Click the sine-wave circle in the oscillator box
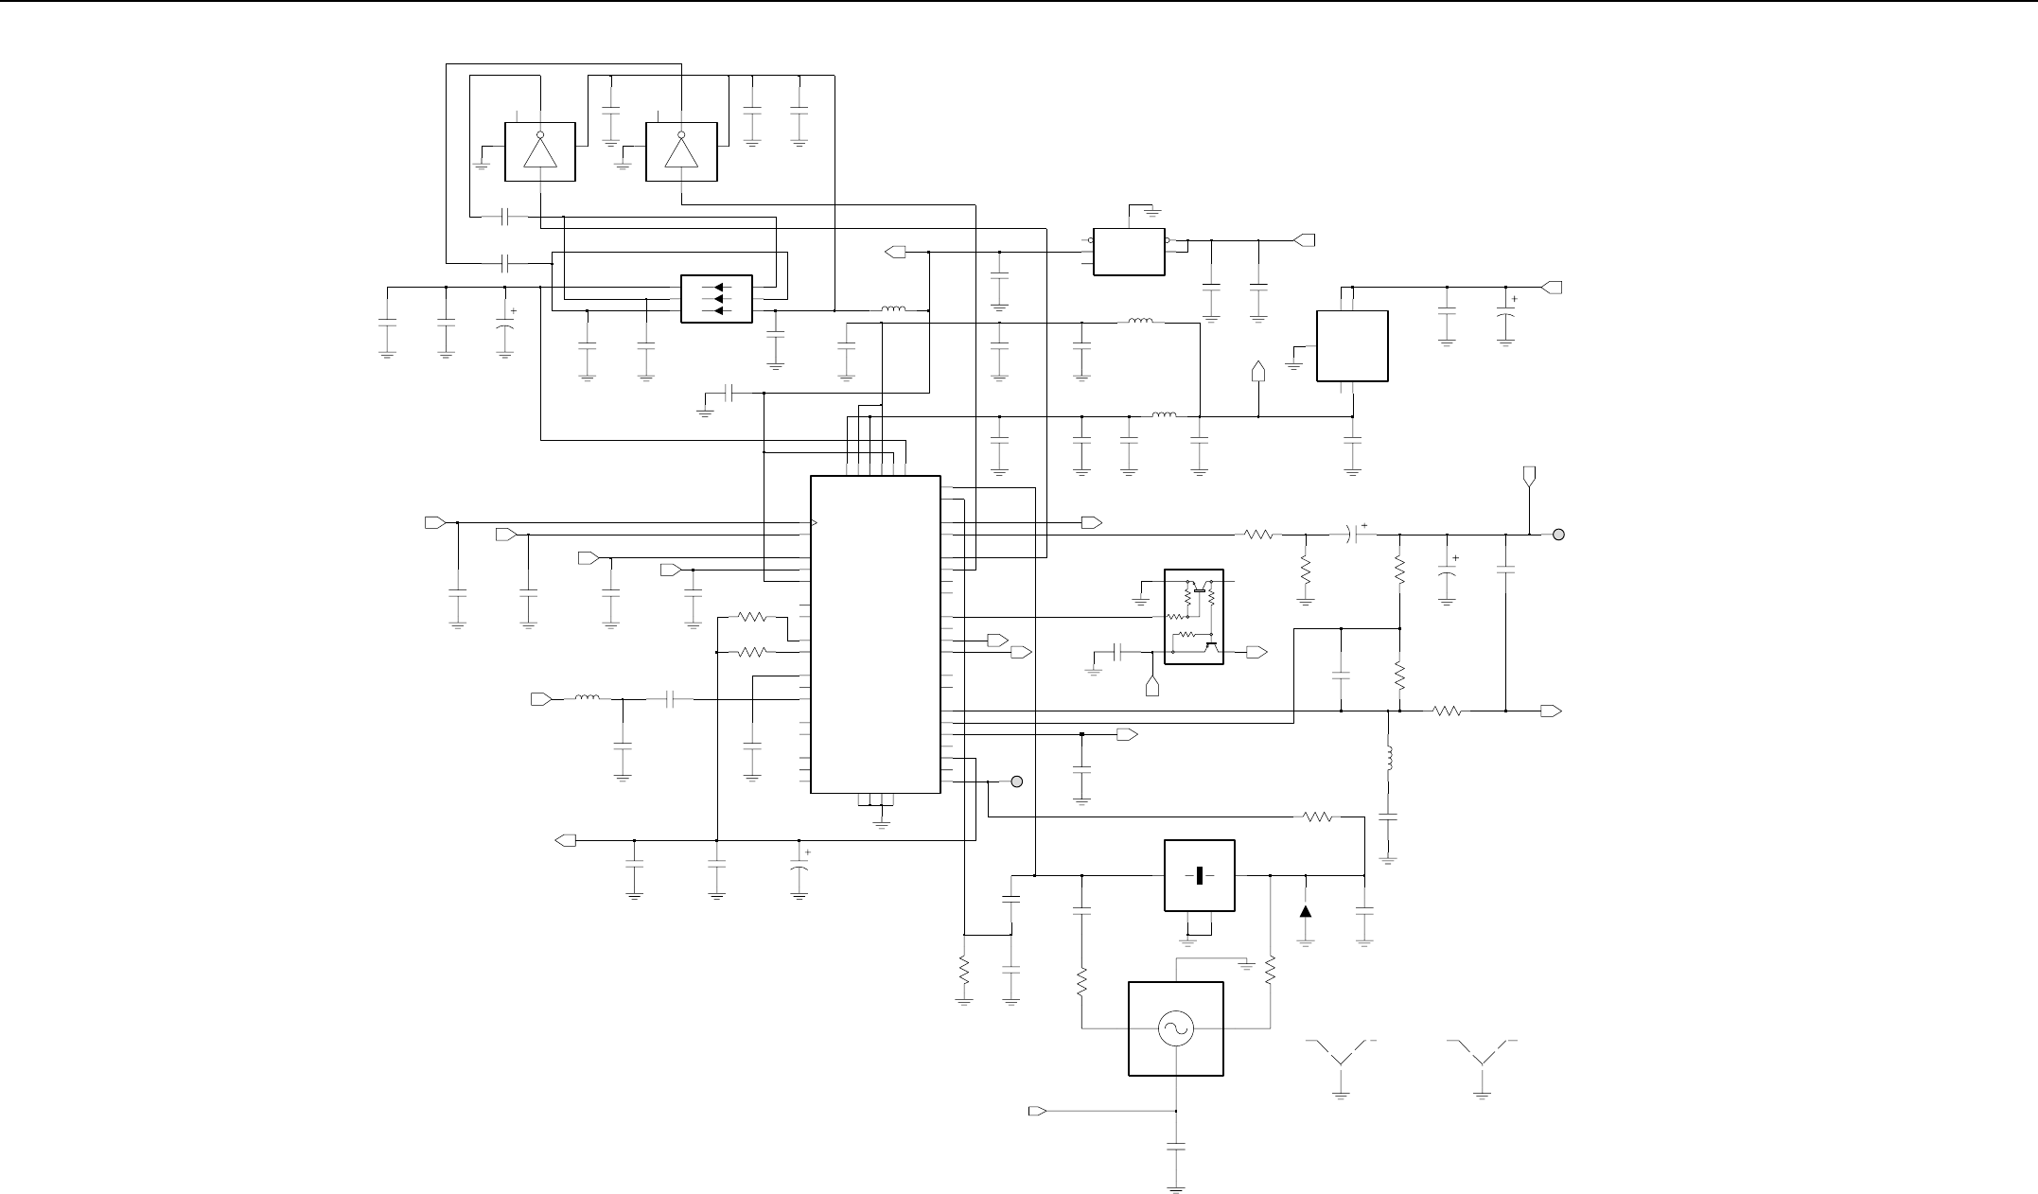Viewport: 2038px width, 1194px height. click(1176, 1028)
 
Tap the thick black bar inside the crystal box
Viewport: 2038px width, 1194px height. click(1199, 875)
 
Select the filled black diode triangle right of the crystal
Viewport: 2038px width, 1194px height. click(1306, 911)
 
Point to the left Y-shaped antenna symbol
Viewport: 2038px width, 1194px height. click(1341, 1055)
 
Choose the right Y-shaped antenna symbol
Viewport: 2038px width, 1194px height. click(1482, 1055)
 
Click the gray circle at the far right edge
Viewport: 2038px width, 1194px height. click(1559, 535)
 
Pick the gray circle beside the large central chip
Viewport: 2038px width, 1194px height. click(1017, 782)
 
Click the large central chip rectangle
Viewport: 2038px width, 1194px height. click(875, 634)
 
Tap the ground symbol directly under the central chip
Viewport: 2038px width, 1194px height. click(882, 821)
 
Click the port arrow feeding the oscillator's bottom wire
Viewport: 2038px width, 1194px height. click(1037, 1109)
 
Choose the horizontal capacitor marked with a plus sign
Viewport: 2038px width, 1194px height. click(1358, 535)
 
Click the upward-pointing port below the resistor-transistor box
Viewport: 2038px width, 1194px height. click(1152, 686)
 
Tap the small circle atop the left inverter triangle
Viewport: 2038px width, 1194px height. click(539, 135)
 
